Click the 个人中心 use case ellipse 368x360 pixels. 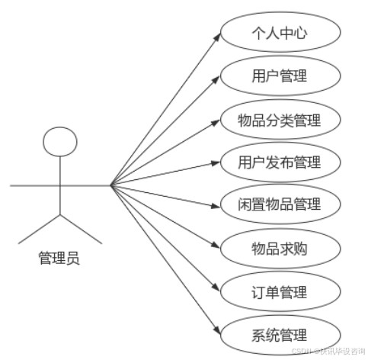click(280, 32)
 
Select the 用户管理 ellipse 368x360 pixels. click(280, 76)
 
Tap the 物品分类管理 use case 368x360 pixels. click(280, 120)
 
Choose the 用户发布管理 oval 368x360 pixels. click(280, 162)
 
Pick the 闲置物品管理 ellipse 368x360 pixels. click(280, 204)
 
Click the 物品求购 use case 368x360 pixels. click(280, 249)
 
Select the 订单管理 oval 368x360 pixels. click(280, 291)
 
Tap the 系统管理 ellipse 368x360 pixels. click(280, 335)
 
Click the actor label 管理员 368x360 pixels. click(59, 258)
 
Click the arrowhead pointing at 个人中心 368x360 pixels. click(217, 37)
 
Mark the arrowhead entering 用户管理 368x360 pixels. click(216, 79)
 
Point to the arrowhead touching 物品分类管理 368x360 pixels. click(216, 123)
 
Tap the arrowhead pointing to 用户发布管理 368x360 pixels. click(216, 163)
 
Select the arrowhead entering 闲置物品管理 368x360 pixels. click(216, 205)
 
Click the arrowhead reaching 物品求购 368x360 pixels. click(216, 245)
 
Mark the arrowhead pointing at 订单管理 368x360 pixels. click(216, 288)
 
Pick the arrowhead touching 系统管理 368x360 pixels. click(217, 329)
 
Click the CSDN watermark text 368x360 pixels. click(328, 351)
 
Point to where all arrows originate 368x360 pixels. click(110, 185)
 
